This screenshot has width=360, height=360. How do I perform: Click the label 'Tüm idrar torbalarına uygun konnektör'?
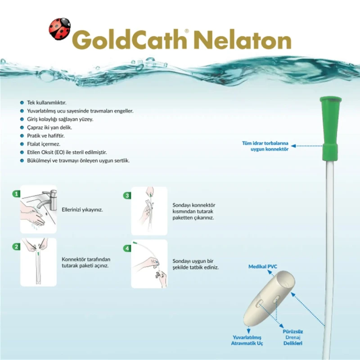pyautogui.click(x=265, y=146)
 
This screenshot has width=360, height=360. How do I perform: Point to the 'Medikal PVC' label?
pyautogui.click(x=263, y=267)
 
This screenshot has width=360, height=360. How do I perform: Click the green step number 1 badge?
pyautogui.click(x=16, y=194)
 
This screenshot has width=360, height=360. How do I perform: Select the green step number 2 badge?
pyautogui.click(x=16, y=247)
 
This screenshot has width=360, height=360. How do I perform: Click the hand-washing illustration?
pyautogui.click(x=39, y=209)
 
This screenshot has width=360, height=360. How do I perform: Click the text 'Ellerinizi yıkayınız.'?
pyautogui.click(x=81, y=210)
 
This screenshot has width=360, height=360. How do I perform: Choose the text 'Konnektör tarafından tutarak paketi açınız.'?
pyautogui.click(x=86, y=262)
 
